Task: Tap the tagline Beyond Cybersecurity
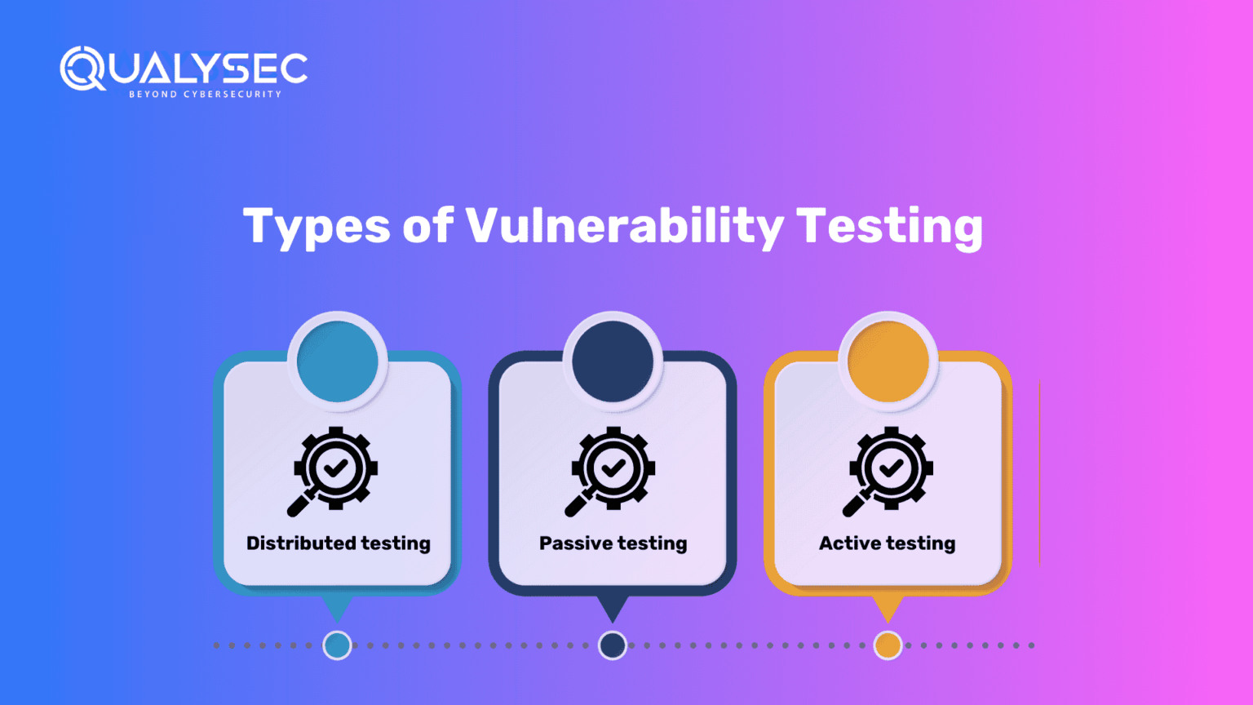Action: click(205, 95)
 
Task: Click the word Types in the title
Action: click(316, 226)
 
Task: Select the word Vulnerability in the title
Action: click(624, 226)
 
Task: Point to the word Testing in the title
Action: click(889, 226)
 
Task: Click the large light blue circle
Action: click(337, 361)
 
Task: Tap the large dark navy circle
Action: click(613, 361)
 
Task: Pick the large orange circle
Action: click(888, 361)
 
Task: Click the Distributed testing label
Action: click(339, 543)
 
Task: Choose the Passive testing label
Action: click(613, 543)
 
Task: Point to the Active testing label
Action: click(888, 543)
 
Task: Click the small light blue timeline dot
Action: click(337, 645)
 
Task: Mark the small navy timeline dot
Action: click(613, 645)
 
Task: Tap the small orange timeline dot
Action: click(888, 645)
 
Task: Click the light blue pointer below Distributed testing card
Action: click(337, 606)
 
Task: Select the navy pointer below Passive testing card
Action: click(613, 606)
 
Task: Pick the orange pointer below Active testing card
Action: click(888, 606)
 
